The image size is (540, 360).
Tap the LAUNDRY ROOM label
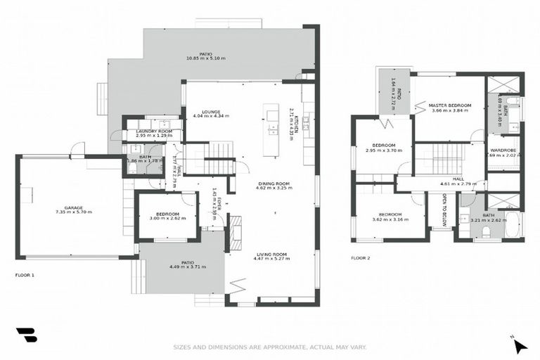[154, 131]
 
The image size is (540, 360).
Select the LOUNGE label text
[211, 112]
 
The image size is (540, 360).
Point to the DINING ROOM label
[275, 184]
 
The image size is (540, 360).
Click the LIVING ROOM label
[271, 254]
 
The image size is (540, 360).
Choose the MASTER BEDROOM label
[450, 105]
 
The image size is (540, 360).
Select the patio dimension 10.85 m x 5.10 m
[206, 58]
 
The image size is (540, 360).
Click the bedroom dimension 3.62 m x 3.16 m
[390, 219]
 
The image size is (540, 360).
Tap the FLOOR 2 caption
[360, 258]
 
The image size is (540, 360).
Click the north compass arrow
[519, 345]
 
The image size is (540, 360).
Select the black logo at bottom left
[26, 335]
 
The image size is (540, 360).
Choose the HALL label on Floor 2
[458, 179]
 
